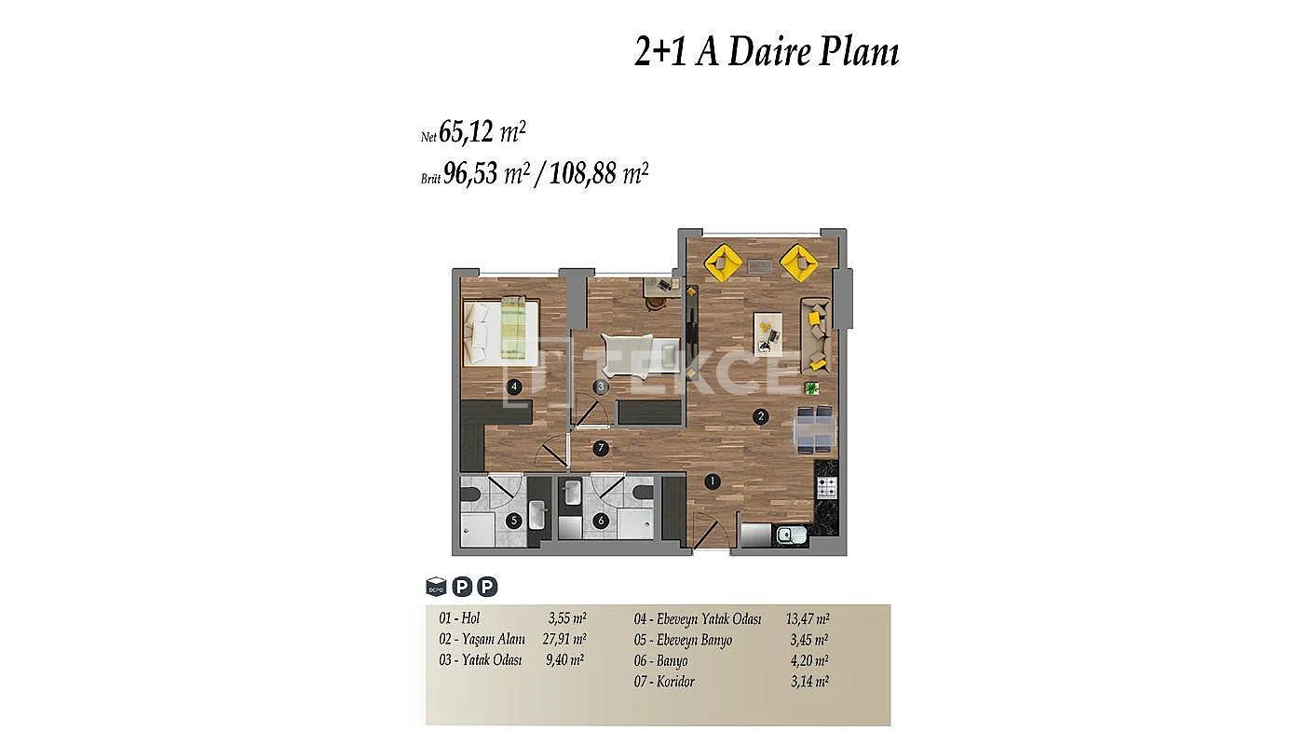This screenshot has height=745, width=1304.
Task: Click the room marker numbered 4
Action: click(x=513, y=386)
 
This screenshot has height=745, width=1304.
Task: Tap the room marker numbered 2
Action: click(x=760, y=416)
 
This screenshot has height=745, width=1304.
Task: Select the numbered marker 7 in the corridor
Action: click(x=601, y=448)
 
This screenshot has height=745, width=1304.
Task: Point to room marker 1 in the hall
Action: click(x=712, y=482)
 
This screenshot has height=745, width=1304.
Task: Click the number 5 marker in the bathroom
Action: click(x=513, y=521)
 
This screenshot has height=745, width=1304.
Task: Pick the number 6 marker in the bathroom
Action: click(x=601, y=521)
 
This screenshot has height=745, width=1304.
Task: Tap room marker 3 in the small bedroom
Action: click(x=601, y=386)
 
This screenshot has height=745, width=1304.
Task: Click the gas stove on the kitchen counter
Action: click(x=827, y=488)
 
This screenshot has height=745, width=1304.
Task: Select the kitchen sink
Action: click(x=792, y=535)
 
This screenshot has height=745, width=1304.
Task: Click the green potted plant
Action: click(x=811, y=388)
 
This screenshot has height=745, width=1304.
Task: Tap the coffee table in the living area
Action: click(x=768, y=334)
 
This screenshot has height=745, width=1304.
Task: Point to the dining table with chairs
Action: click(x=814, y=429)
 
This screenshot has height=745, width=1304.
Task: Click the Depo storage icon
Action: click(x=436, y=586)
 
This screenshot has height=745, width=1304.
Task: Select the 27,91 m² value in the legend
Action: click(x=564, y=639)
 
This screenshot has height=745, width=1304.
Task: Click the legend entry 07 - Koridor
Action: click(x=664, y=682)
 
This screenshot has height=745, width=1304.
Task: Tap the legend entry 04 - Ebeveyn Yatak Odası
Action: click(x=698, y=619)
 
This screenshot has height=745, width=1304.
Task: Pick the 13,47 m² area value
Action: click(x=808, y=618)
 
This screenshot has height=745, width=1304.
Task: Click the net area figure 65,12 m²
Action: click(x=482, y=131)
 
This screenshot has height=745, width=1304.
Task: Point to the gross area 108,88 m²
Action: click(x=598, y=173)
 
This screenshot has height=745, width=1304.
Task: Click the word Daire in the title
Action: click(x=768, y=52)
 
